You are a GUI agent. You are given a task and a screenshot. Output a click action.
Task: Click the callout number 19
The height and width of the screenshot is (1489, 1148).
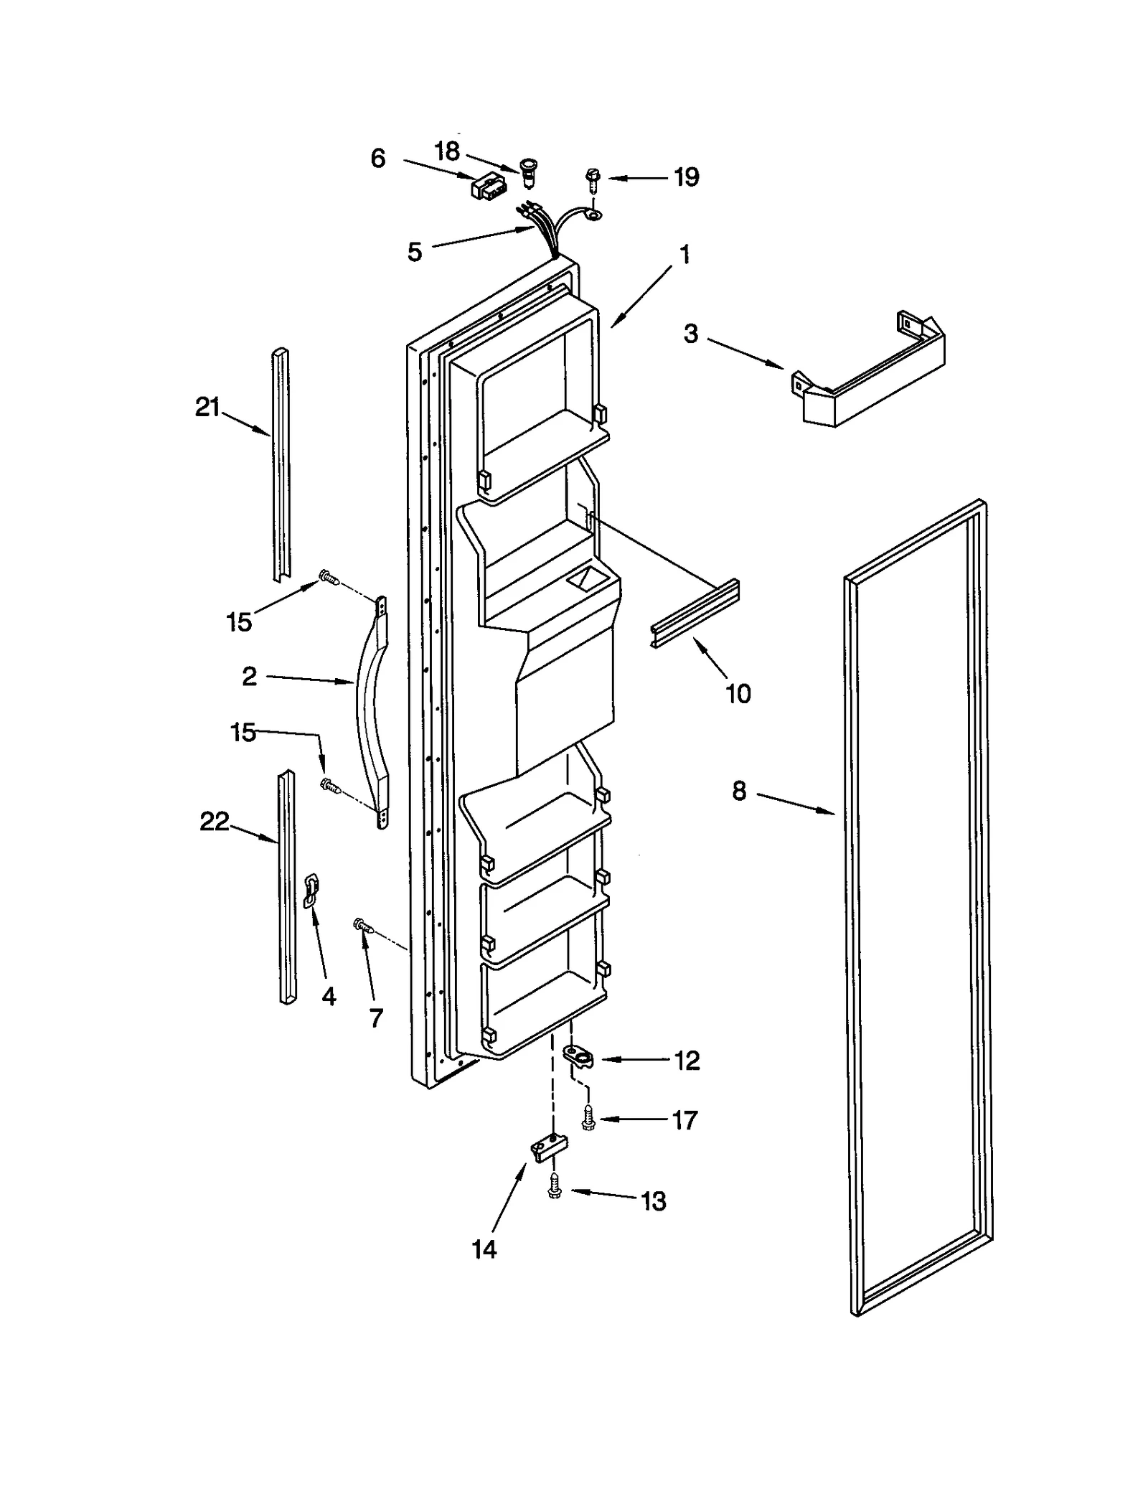[686, 177]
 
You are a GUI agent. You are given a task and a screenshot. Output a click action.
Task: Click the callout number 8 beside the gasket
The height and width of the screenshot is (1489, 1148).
[739, 792]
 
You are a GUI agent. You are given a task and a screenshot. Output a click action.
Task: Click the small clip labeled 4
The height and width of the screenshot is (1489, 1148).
[311, 890]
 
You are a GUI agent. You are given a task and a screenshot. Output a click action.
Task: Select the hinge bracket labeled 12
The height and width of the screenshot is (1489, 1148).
[578, 1056]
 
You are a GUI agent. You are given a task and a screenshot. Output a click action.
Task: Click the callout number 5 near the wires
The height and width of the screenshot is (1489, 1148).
[415, 253]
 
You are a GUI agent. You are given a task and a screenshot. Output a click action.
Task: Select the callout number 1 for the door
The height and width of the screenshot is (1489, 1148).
[684, 254]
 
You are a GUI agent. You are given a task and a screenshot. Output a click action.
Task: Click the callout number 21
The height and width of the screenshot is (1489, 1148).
[207, 408]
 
